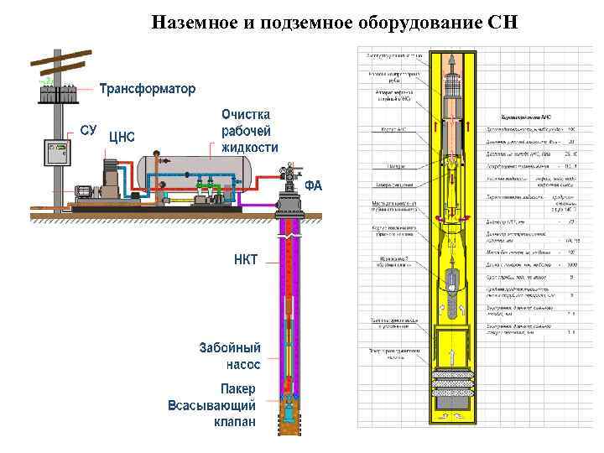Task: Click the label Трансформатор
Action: coord(148,88)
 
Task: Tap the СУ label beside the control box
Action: coord(89,130)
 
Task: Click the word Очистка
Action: coord(246,113)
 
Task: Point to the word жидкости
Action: coord(249,147)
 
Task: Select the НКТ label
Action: coord(246,258)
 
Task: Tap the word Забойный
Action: coord(230,347)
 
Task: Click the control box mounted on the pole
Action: coord(58,153)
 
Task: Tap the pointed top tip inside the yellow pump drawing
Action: coord(453,58)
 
